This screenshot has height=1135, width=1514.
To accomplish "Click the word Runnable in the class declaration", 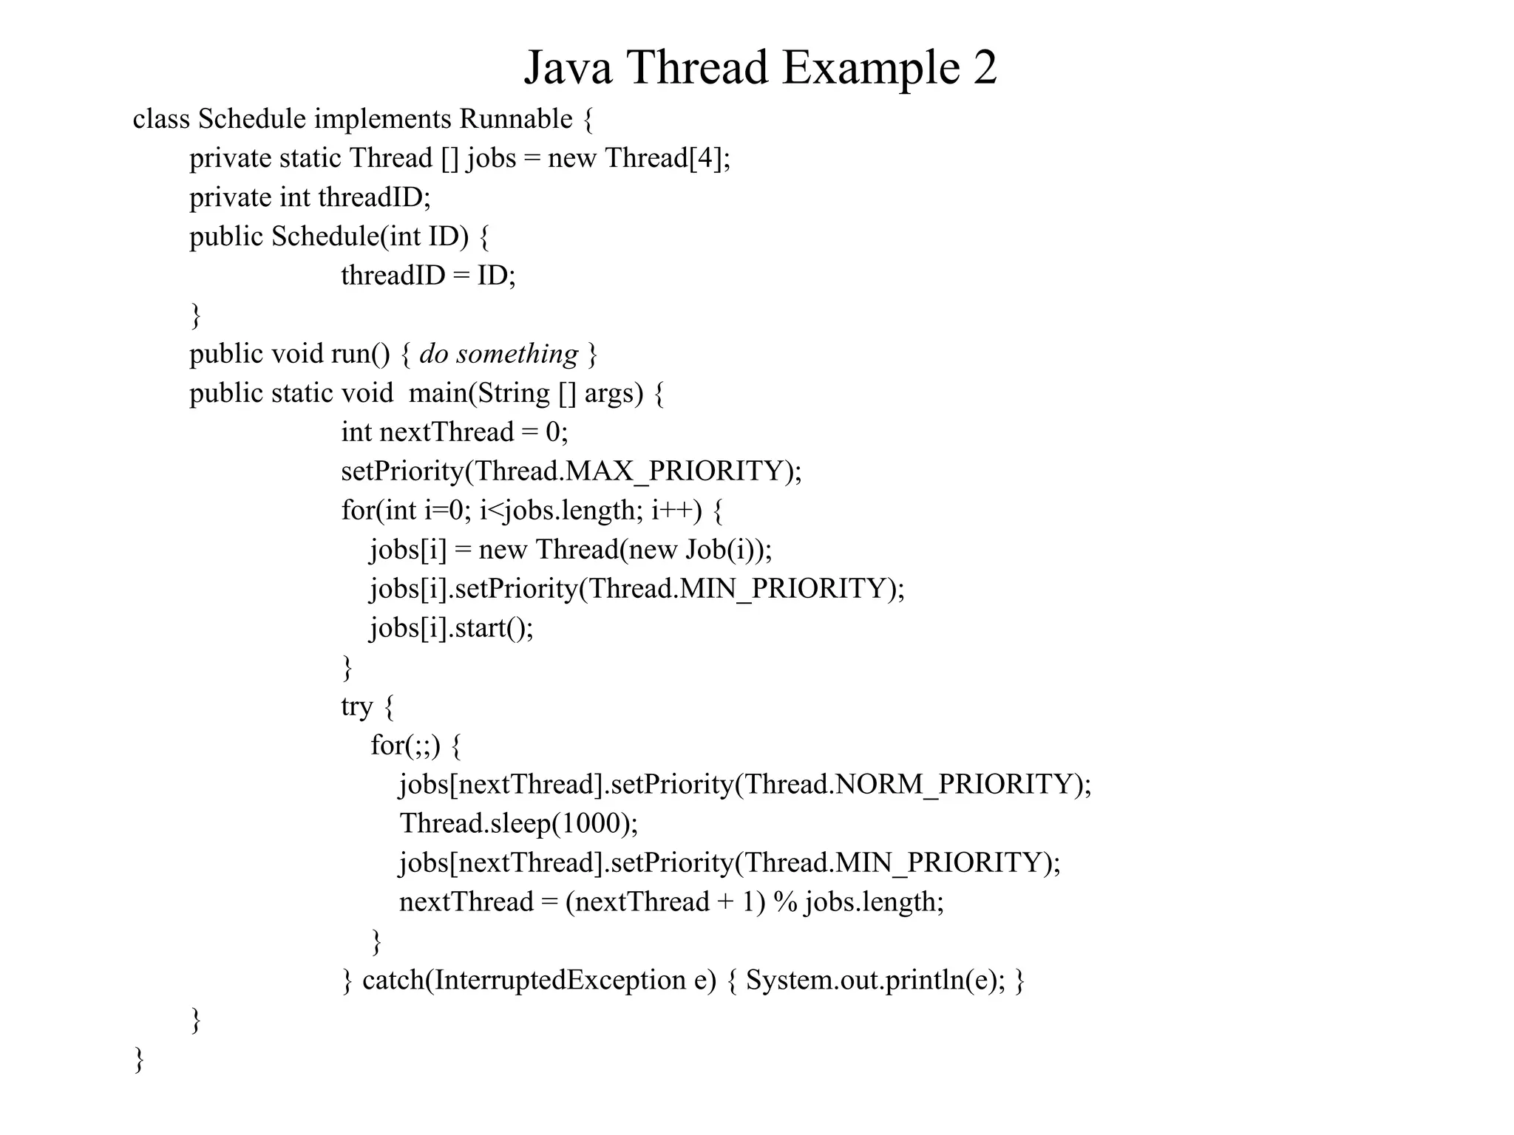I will [516, 119].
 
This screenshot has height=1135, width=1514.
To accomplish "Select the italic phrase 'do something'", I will [498, 354].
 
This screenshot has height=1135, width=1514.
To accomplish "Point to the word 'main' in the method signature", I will [438, 393].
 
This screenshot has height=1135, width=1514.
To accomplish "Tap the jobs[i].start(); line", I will [452, 628].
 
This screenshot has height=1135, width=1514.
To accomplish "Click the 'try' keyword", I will [356, 706].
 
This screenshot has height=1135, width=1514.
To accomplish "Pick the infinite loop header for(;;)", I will [405, 746].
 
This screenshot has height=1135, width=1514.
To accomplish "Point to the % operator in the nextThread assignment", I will [785, 902].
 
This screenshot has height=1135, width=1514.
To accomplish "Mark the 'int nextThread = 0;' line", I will [454, 432].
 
